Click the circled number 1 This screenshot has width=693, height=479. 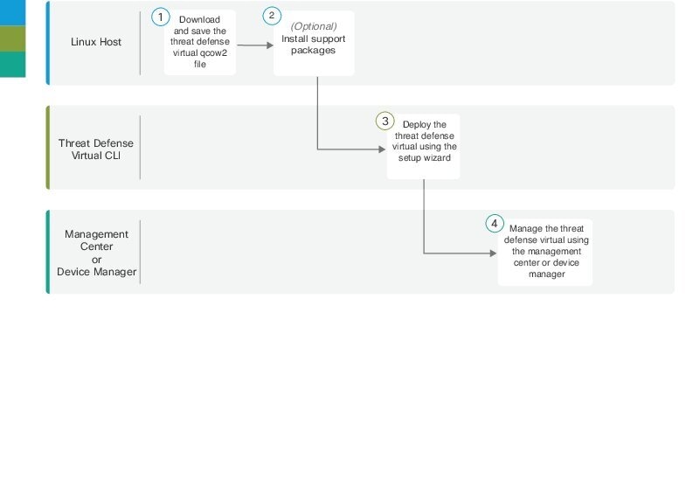pyautogui.click(x=161, y=17)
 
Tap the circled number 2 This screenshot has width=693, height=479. pyautogui.click(x=272, y=16)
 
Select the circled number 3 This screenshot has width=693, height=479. pyautogui.click(x=385, y=121)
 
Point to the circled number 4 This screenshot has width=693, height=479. pyautogui.click(x=495, y=224)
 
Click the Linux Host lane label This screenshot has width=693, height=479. pyautogui.click(x=96, y=42)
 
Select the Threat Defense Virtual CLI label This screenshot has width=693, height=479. pyautogui.click(x=96, y=149)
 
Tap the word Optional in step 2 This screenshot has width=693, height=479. pyautogui.click(x=314, y=26)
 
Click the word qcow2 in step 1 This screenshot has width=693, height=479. pyautogui.click(x=212, y=53)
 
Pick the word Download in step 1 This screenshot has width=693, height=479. pyautogui.click(x=200, y=19)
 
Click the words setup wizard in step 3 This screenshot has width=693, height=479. pyautogui.click(x=425, y=157)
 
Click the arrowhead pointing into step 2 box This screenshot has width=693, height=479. pyautogui.click(x=270, y=45)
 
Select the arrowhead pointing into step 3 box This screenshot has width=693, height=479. pyautogui.click(x=382, y=149)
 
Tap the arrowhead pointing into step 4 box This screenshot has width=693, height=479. pyautogui.click(x=493, y=253)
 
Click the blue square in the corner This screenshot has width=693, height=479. pyautogui.click(x=13, y=12)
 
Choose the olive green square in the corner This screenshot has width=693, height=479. pyautogui.click(x=13, y=38)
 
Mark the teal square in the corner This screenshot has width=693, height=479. pyautogui.click(x=13, y=65)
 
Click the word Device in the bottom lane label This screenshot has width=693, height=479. pyautogui.click(x=73, y=272)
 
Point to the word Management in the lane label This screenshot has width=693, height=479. pyautogui.click(x=96, y=234)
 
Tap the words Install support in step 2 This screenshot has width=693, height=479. pyautogui.click(x=314, y=38)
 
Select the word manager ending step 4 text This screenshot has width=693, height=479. pyautogui.click(x=547, y=274)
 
